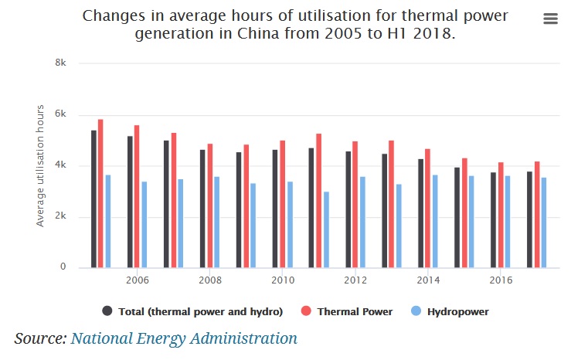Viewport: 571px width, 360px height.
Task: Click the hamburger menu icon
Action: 550,19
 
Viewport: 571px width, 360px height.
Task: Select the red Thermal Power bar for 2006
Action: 138,196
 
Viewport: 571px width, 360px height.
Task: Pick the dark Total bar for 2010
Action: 275,209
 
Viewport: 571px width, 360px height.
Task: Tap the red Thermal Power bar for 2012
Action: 355,204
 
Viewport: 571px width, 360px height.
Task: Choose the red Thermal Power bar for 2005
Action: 101,193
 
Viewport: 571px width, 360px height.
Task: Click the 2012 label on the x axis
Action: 355,280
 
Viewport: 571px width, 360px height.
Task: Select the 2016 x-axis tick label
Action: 500,280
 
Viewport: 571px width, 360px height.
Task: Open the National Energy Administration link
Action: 184,338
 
